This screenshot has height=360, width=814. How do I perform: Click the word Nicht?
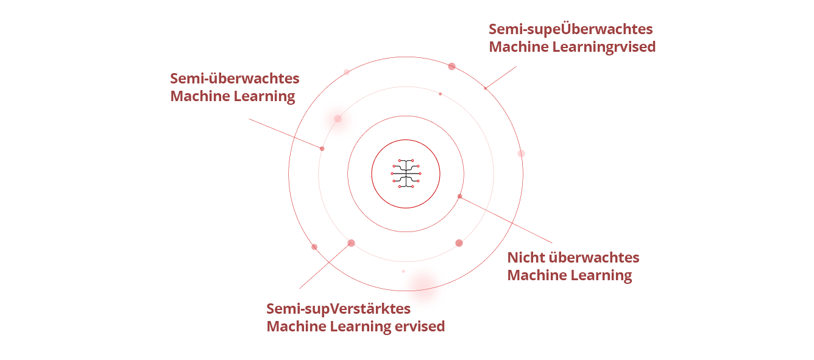point(526,258)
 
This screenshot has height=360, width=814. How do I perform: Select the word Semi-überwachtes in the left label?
point(235,79)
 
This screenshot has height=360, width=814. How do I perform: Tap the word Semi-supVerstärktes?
point(338,309)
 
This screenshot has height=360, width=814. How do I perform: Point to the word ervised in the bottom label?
point(420,326)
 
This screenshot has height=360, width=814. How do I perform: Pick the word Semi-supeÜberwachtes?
point(570,29)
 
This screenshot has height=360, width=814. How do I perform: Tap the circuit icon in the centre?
point(406,174)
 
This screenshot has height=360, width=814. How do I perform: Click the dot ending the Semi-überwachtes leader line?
point(322,149)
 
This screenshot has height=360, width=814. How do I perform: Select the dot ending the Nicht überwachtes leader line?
point(460,196)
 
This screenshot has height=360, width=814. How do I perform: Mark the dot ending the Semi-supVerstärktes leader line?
point(351,243)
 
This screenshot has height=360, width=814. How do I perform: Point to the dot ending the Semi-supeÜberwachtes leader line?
point(486,88)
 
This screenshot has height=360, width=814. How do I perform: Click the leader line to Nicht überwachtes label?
point(506,219)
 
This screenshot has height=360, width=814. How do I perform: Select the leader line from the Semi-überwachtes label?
point(285,134)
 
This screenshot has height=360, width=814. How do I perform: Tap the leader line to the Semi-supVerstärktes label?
point(325,266)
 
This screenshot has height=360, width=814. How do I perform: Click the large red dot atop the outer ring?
point(451,66)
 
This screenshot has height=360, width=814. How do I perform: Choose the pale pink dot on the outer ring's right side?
point(521,154)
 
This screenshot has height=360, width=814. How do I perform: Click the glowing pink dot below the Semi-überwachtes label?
point(338,119)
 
